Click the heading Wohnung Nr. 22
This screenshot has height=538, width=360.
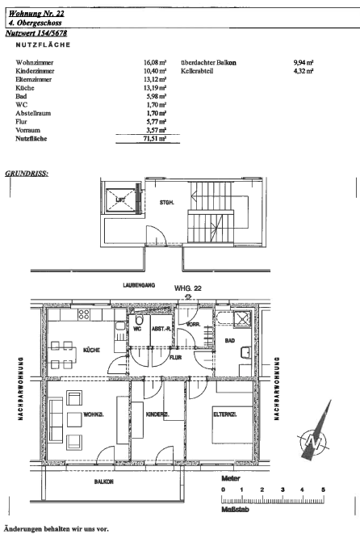[x=36, y=14]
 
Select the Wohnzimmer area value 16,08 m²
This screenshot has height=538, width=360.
[x=155, y=62]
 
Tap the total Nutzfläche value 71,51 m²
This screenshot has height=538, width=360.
[x=155, y=139]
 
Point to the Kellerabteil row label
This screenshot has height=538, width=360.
[x=197, y=71]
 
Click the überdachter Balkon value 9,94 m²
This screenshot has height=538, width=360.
[x=303, y=62]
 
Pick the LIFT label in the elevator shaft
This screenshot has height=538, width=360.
[x=120, y=200]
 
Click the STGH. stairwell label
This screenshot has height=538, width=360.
[x=166, y=203]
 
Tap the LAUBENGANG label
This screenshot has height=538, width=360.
[x=139, y=285]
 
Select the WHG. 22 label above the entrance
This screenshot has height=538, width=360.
[x=188, y=288]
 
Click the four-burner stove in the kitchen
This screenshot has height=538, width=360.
[x=84, y=314]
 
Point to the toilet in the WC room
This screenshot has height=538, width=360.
[x=139, y=321]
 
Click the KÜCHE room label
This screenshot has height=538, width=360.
[x=91, y=351]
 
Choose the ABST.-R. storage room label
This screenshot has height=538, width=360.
[x=161, y=329]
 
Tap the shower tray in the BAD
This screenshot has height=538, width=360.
[x=242, y=319]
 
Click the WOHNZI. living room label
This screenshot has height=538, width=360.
[x=94, y=414]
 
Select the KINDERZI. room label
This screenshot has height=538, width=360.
[x=157, y=414]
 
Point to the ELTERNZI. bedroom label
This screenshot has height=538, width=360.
[x=225, y=414]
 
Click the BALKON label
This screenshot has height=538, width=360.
[x=104, y=481]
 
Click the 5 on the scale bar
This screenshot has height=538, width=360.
[x=323, y=490]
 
